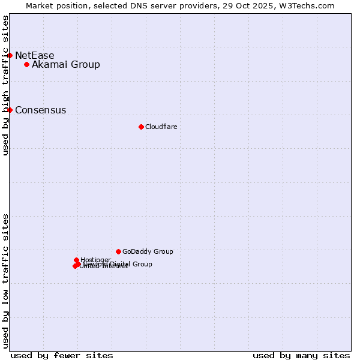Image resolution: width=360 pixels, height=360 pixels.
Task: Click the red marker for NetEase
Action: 10,55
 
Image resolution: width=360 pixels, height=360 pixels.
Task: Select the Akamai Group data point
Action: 26,64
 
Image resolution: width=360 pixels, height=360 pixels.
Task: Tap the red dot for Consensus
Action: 10,110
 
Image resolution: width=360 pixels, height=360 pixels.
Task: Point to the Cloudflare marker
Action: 141,127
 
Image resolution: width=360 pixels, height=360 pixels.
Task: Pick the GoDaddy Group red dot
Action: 118,251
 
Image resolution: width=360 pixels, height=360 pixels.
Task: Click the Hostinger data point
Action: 76,260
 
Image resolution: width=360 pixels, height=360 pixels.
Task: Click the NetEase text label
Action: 34,56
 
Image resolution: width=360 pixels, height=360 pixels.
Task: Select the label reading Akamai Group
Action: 66,65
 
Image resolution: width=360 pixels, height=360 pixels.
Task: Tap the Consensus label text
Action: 40,110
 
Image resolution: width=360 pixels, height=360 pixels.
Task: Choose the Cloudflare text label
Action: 161,127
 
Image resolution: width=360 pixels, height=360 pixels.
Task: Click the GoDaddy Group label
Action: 148,252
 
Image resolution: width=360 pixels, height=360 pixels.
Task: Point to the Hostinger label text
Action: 95,260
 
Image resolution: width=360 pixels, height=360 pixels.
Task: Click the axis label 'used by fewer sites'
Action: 62,355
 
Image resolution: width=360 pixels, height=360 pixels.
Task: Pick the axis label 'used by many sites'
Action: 301,355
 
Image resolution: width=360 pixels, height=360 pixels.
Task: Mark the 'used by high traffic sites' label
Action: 5,86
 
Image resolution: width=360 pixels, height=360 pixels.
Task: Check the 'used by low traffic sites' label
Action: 5,280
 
